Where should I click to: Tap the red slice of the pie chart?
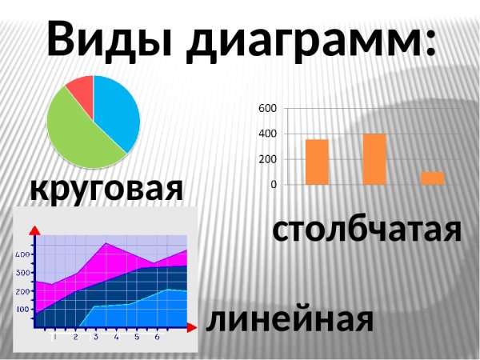pos(81,91)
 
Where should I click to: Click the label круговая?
pos(106,190)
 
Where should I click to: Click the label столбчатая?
pos(367,230)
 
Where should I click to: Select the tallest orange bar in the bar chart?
pos(374,159)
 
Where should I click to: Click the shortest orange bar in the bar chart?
pos(432,178)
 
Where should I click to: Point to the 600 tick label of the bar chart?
pos(268,108)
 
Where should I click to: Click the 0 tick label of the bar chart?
pos(274,185)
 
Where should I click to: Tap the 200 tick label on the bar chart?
pos(268,159)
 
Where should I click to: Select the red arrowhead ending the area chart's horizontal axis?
pos(191,326)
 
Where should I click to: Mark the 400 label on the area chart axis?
pos(22,254)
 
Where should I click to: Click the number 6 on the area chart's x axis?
pos(157,337)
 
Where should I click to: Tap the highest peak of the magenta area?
pos(107,243)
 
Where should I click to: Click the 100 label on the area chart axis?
pos(22,309)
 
